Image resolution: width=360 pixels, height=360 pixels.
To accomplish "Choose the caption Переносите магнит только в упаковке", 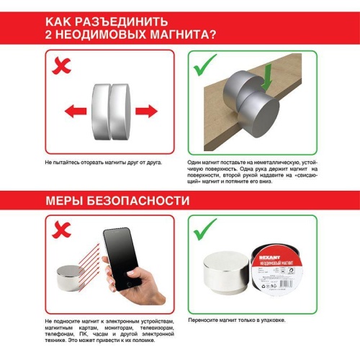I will coord(239,319).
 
